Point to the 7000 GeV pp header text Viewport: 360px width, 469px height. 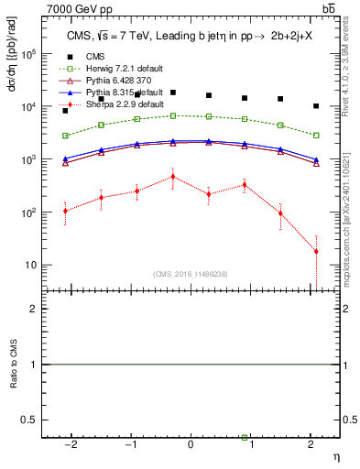(81, 8)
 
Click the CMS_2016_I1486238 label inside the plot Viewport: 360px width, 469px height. (190, 274)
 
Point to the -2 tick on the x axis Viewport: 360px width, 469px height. (70, 443)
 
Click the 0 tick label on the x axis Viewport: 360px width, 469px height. (191, 443)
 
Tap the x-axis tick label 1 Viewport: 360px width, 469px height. (251, 443)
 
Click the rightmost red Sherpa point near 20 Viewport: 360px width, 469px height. (316, 251)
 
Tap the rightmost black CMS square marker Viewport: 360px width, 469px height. (316, 106)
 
